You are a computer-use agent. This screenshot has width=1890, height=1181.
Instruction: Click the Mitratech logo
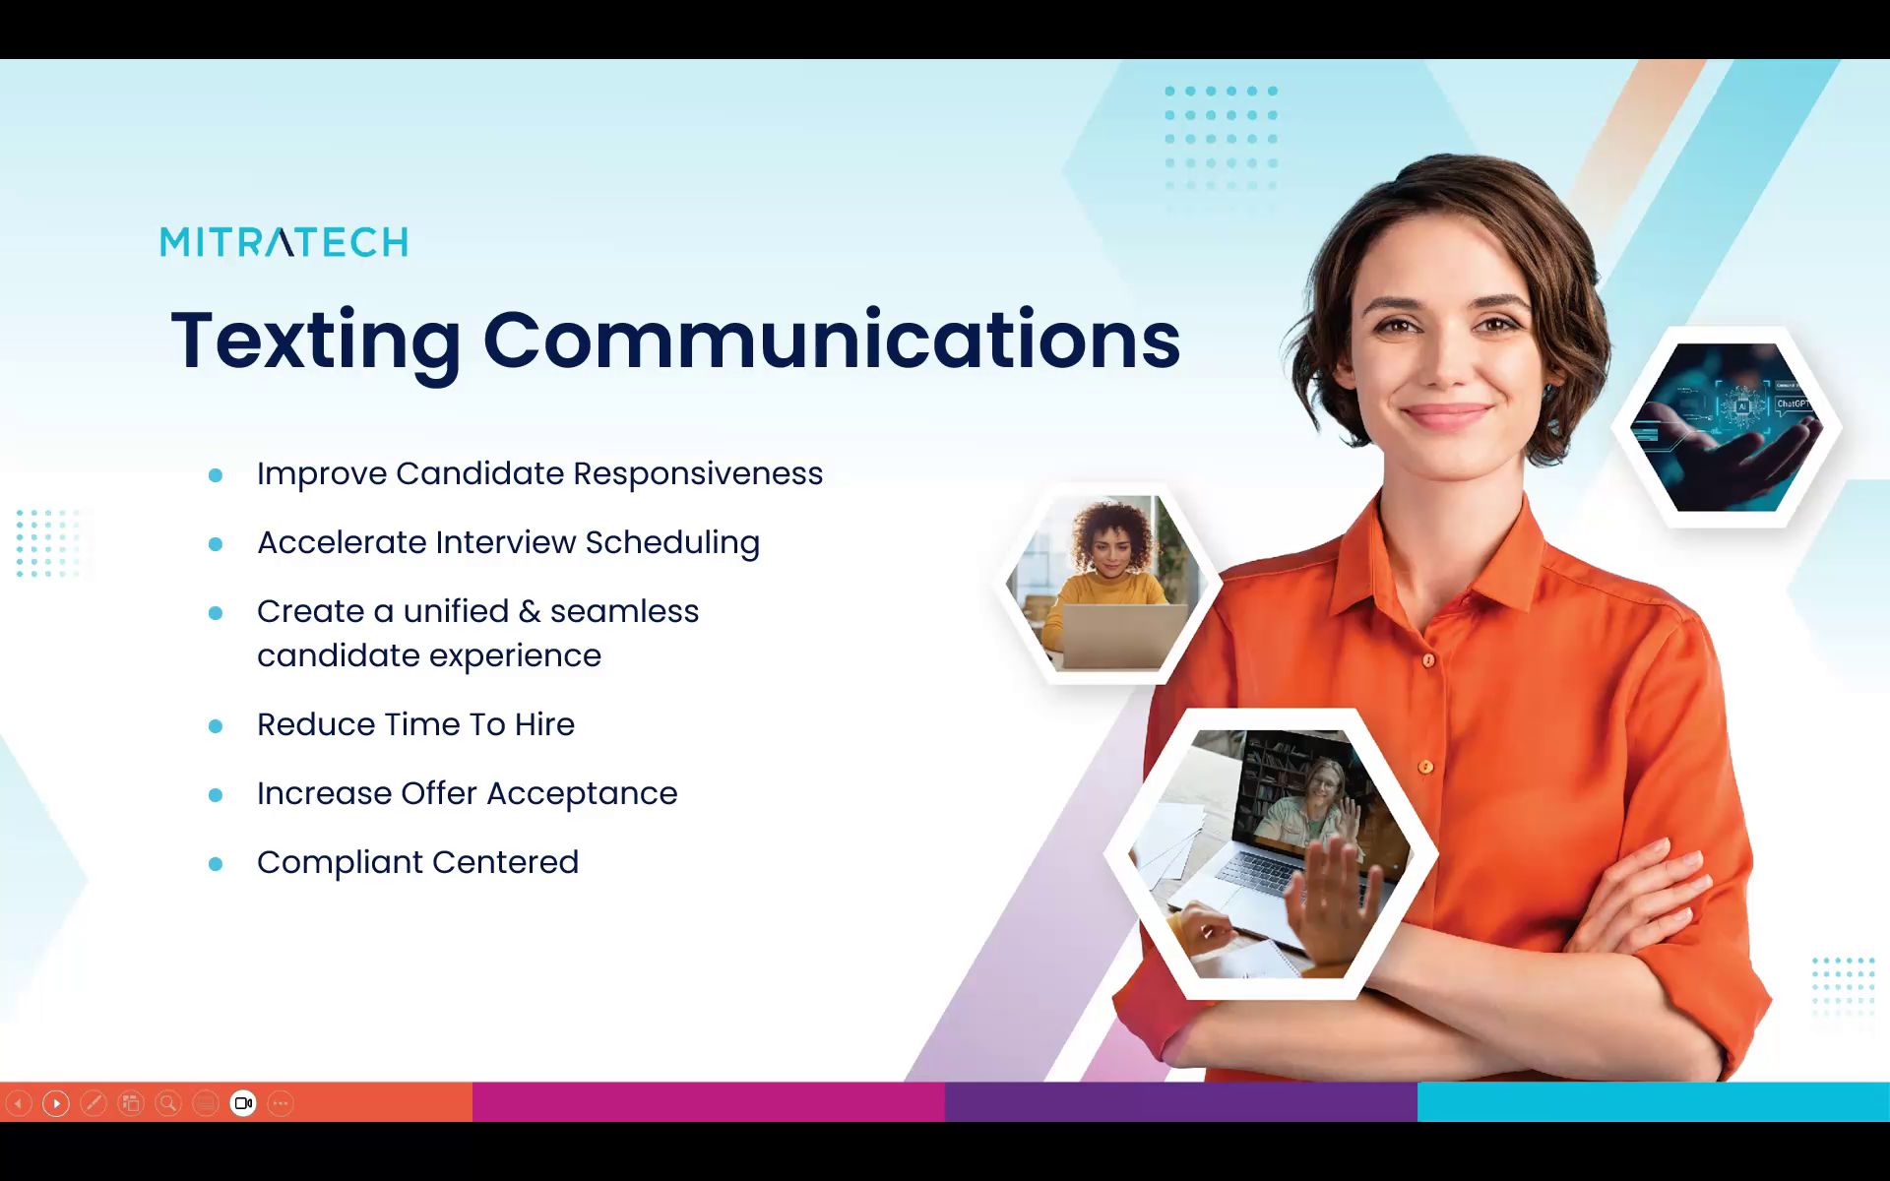[283, 242]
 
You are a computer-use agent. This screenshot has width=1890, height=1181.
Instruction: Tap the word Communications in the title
[832, 340]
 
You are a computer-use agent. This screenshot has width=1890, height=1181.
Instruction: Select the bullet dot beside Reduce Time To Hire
[216, 726]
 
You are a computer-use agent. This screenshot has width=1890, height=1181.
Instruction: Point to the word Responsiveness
[698, 474]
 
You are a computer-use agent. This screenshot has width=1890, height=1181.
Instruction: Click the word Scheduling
[672, 543]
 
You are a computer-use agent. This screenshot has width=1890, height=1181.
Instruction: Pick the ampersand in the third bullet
[530, 611]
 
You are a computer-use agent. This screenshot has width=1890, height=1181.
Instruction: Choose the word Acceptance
[582, 794]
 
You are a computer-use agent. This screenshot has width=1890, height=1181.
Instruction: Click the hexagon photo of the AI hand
[1727, 427]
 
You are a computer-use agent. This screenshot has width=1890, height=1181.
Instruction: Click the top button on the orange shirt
[1428, 660]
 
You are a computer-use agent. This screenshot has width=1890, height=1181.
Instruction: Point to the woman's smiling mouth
[1445, 414]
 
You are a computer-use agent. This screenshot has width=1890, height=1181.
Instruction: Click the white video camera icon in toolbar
[243, 1103]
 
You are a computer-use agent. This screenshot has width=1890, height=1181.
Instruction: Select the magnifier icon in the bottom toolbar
[168, 1103]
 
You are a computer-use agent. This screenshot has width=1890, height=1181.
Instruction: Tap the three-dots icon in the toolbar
[281, 1103]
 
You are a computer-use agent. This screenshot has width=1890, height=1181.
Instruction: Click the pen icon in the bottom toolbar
[94, 1103]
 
